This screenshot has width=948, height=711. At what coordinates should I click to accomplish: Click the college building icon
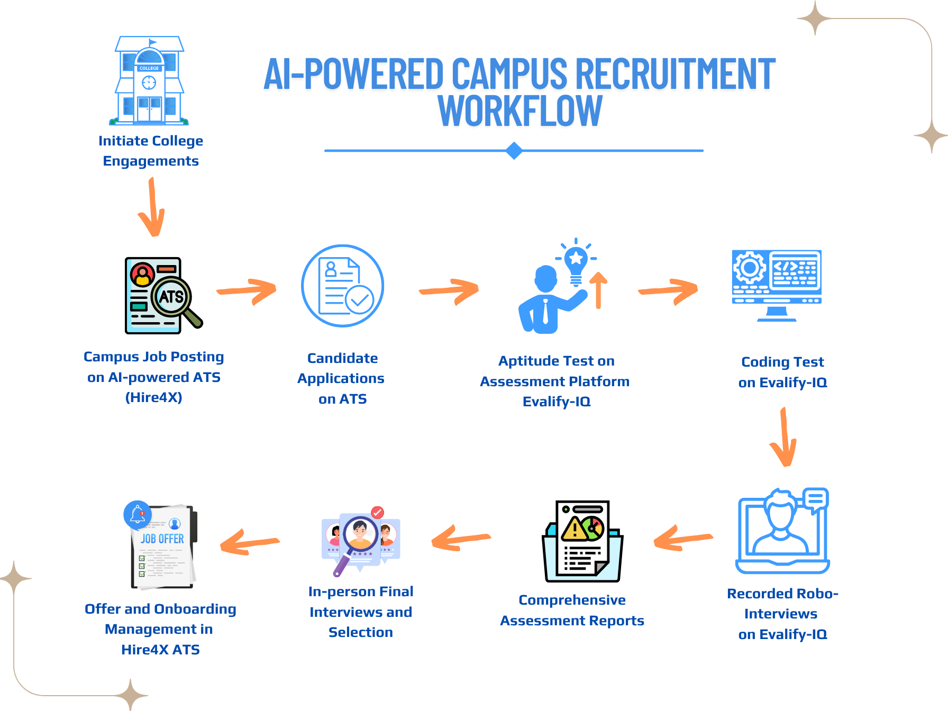[x=149, y=80]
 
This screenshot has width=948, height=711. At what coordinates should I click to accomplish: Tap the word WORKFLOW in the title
[x=520, y=111]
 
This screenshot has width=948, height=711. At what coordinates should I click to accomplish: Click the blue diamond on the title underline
[x=514, y=151]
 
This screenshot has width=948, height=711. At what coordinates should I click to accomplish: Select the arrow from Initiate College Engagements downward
[x=152, y=207]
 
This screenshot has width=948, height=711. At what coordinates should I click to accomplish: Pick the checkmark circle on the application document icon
[x=360, y=299]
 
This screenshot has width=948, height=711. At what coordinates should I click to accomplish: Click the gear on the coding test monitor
[x=749, y=268]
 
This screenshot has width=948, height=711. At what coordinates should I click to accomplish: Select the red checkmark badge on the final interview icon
[x=377, y=512]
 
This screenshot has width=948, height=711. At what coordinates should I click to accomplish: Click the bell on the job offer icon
[x=138, y=515]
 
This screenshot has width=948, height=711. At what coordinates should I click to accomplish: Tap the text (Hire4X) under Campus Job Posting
[x=154, y=397]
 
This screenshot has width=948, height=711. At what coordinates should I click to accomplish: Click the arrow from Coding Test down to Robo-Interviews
[x=784, y=436]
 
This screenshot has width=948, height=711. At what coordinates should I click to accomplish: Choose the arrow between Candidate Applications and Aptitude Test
[x=449, y=291]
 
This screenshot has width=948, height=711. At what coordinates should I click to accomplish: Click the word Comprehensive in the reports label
[x=572, y=600]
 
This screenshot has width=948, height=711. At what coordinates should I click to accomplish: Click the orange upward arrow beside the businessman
[x=598, y=290]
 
